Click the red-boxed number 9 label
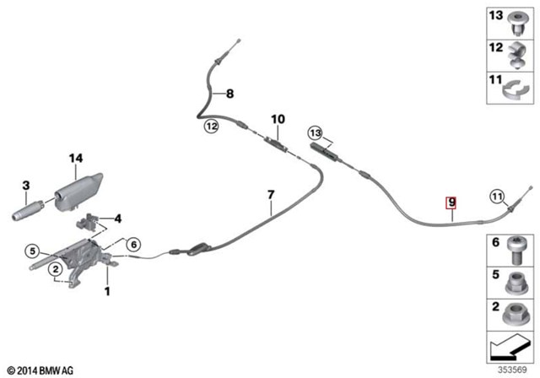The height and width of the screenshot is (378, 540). coord(451,202)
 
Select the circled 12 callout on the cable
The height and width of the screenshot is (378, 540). coord(212,127)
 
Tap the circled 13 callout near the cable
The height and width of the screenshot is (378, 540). coord(316,132)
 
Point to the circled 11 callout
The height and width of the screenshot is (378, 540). coord(497,197)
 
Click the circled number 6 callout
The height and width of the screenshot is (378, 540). coord(133,245)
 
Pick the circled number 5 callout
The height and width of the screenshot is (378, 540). coord(32,251)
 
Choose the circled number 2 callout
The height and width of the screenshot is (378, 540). coord(56,269)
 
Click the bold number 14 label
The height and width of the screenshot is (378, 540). coord(76,159)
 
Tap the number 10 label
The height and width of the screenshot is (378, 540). coord(278,119)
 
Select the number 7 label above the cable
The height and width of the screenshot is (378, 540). coord(271,195)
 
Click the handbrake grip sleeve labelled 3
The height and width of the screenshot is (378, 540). coord(28,210)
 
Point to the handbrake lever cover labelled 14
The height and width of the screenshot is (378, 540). coord(78,192)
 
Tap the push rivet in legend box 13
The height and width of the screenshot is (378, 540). coord(516,24)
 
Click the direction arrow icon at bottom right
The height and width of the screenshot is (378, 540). coord(509,347)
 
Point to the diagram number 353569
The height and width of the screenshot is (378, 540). coord(512,370)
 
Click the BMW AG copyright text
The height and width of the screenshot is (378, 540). coord(40,370)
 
